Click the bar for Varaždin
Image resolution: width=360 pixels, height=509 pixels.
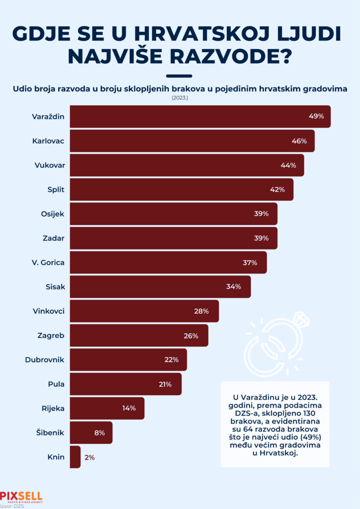tap(199, 116)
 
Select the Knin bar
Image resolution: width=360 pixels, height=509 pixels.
tap(75, 457)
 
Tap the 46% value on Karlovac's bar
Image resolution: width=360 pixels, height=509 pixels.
tap(299, 141)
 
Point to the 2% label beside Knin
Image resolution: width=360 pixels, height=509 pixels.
tap(90, 457)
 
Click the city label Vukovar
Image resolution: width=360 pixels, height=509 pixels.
tap(50, 165)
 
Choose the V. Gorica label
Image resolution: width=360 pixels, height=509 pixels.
tap(48, 262)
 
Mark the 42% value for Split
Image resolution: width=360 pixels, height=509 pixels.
tap(277, 189)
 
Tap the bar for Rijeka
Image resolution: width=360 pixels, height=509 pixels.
tap(107, 408)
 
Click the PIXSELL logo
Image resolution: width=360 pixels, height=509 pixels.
tap(21, 496)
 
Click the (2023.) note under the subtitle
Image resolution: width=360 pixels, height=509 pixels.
tap(180, 98)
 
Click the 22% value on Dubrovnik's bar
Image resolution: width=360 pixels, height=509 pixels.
tap(172, 359)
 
